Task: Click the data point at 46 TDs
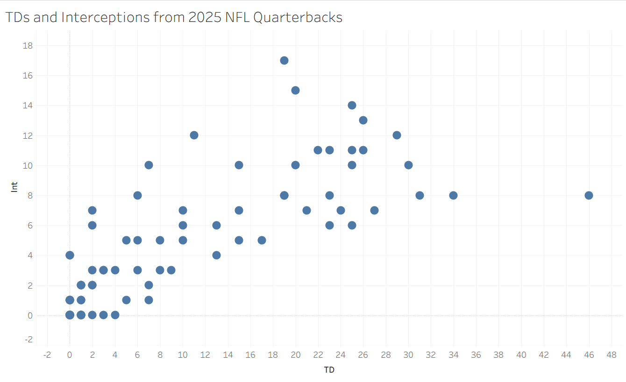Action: pyautogui.click(x=589, y=195)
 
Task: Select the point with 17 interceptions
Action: pyautogui.click(x=284, y=60)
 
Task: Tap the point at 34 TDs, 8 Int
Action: pyautogui.click(x=453, y=195)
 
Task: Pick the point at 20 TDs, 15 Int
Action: pyautogui.click(x=295, y=90)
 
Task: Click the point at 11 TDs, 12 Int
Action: pyautogui.click(x=194, y=135)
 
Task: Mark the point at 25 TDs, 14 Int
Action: pyautogui.click(x=352, y=105)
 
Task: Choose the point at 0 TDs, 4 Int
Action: pyautogui.click(x=70, y=255)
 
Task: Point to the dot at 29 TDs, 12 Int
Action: pyautogui.click(x=397, y=135)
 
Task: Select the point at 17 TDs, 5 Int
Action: pyautogui.click(x=262, y=240)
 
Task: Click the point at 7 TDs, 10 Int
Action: pyautogui.click(x=149, y=165)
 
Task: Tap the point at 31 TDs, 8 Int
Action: pyautogui.click(x=420, y=195)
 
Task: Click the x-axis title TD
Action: pyautogui.click(x=329, y=370)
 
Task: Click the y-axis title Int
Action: pyautogui.click(x=14, y=187)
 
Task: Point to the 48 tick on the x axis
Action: pyautogui.click(x=611, y=355)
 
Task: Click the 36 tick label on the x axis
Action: pyautogui.click(x=476, y=355)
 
